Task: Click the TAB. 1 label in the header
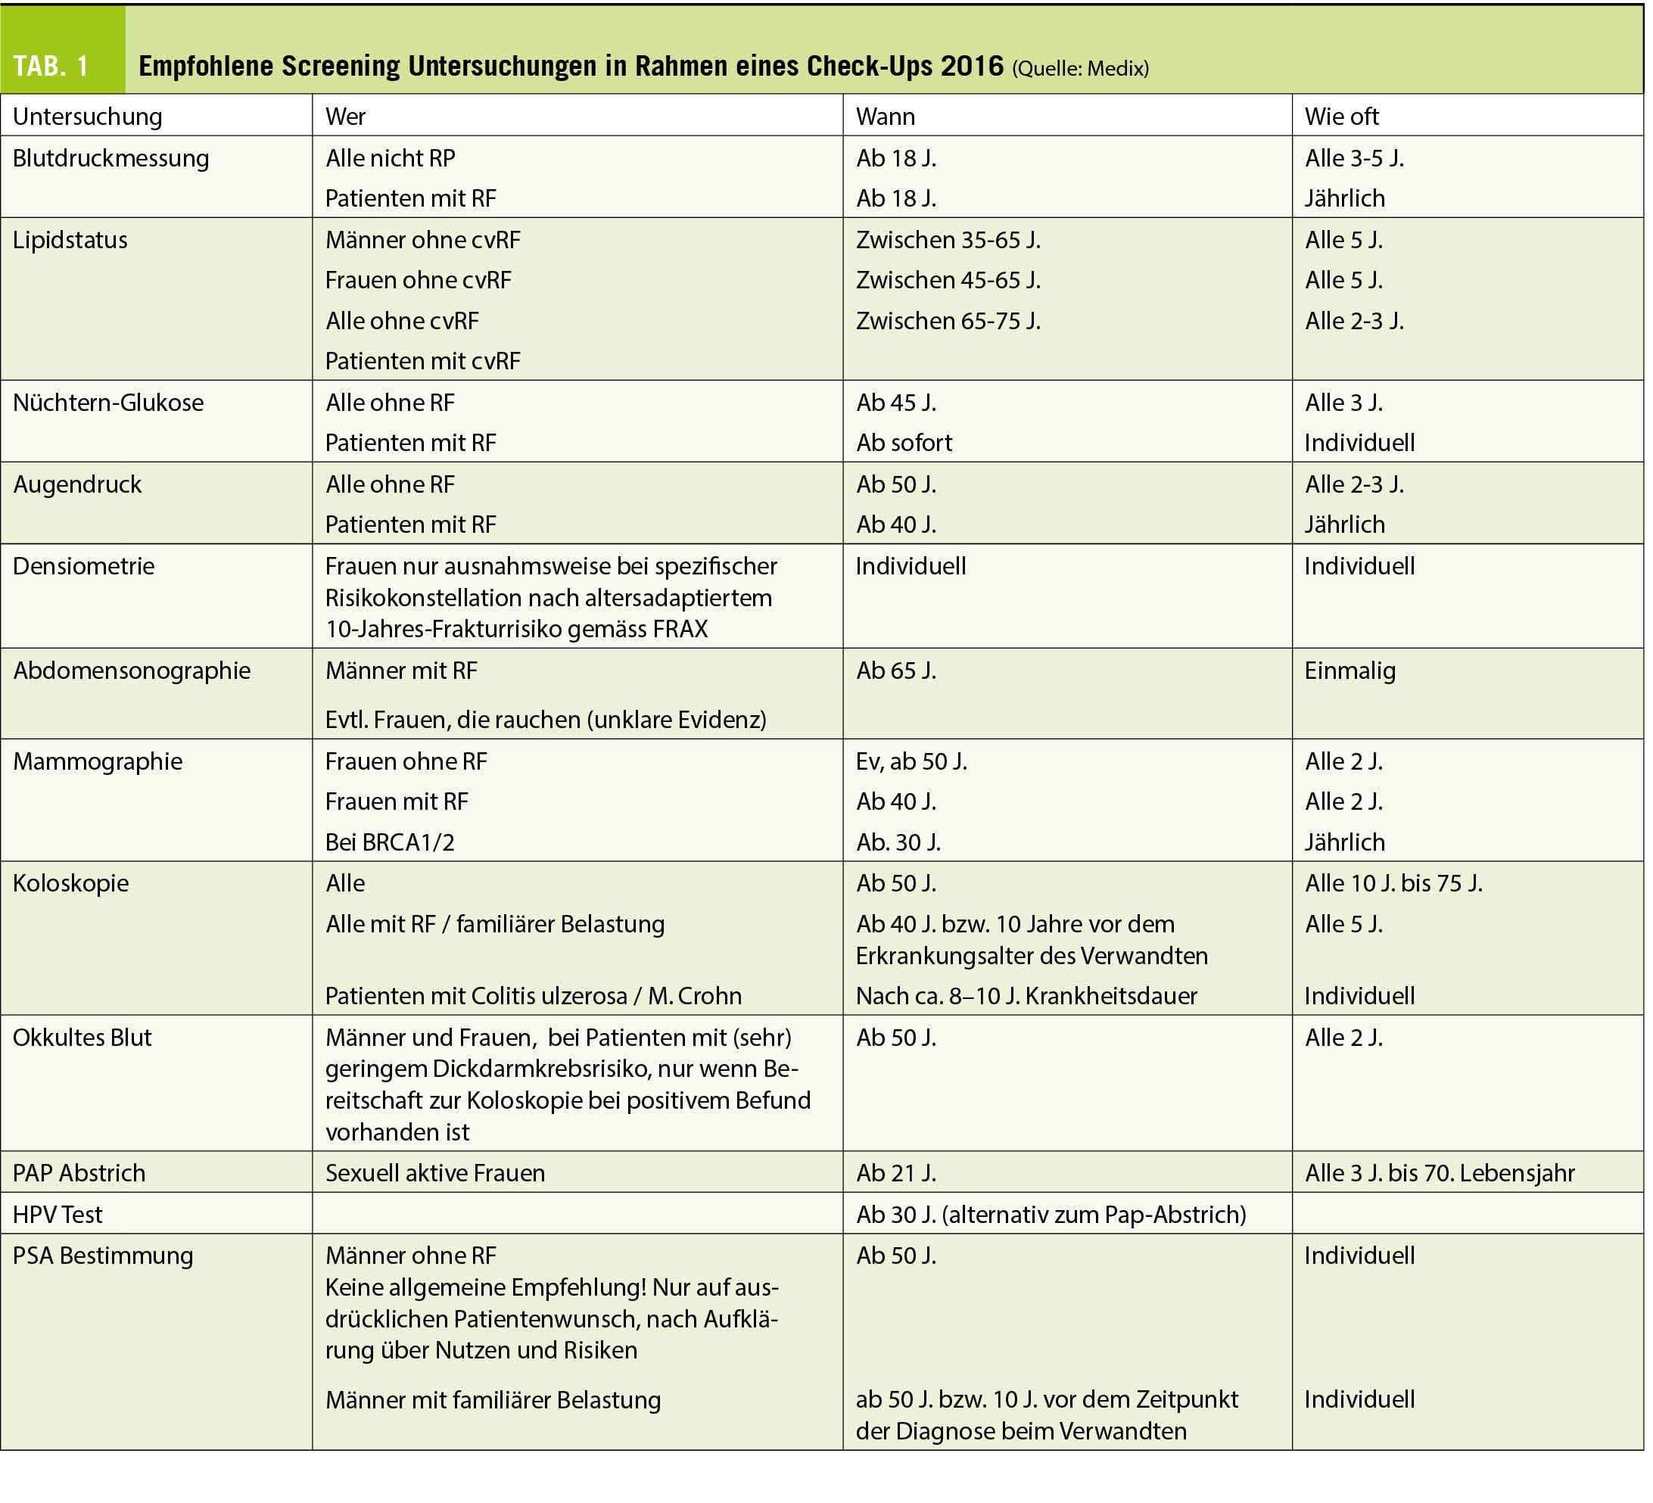51,66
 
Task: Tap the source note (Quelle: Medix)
1080,68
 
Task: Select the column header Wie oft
1341,117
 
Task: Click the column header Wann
885,117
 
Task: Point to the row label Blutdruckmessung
111,157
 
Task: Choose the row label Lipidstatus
70,239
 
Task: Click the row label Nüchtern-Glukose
108,403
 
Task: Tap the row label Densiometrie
83,566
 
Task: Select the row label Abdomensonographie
131,671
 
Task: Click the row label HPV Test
58,1215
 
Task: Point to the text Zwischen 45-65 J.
948,281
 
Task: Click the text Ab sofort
904,443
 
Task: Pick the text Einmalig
1349,671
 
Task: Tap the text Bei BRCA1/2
390,842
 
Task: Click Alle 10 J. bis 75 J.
1393,883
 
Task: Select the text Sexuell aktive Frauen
434,1173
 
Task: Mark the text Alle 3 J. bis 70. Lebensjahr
1439,1173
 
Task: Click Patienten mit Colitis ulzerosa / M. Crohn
533,995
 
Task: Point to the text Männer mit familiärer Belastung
493,1399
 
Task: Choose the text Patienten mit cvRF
422,361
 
